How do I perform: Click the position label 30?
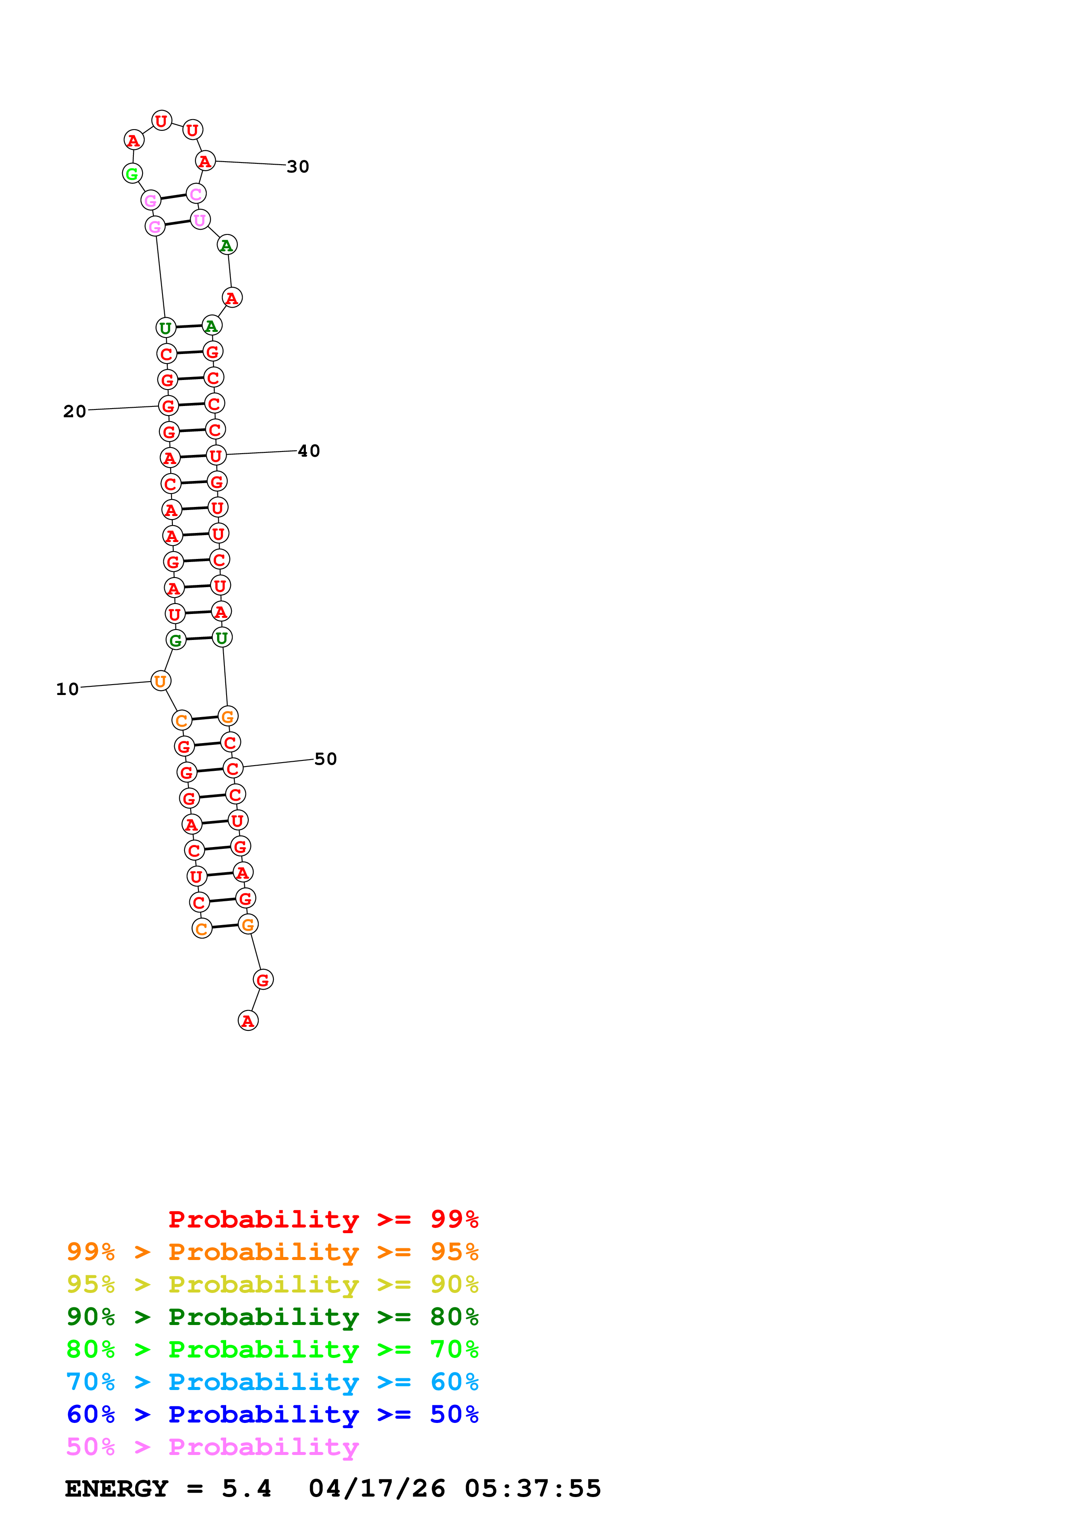[x=298, y=167]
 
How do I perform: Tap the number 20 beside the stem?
[x=75, y=411]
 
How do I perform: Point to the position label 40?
[x=309, y=451]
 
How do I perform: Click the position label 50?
[x=325, y=759]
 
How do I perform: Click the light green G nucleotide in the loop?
[x=132, y=173]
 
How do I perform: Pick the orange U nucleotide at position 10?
[x=161, y=681]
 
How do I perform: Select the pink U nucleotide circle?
[x=200, y=220]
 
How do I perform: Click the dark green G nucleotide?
[x=176, y=640]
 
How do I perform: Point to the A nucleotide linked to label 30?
[x=205, y=161]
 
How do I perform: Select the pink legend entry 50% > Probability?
[x=212, y=1446]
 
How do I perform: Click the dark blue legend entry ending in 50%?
[x=273, y=1414]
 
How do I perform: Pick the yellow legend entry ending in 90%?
[x=273, y=1284]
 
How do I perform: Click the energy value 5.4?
[x=246, y=1488]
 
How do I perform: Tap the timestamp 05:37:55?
[x=533, y=1488]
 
